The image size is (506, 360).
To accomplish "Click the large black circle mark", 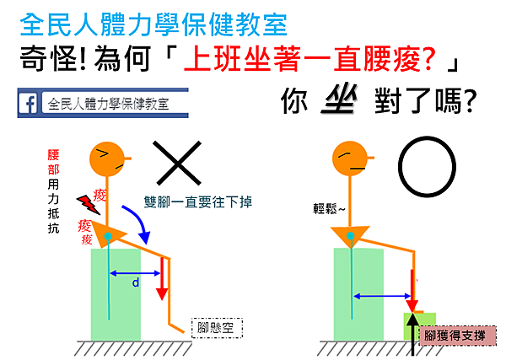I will point(427,168).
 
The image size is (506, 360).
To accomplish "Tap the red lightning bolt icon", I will point(87,204).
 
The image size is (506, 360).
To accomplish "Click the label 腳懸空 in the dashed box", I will point(217,326).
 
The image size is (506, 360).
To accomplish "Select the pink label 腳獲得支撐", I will point(455,335).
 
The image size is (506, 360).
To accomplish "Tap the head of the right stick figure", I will point(348,157).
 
